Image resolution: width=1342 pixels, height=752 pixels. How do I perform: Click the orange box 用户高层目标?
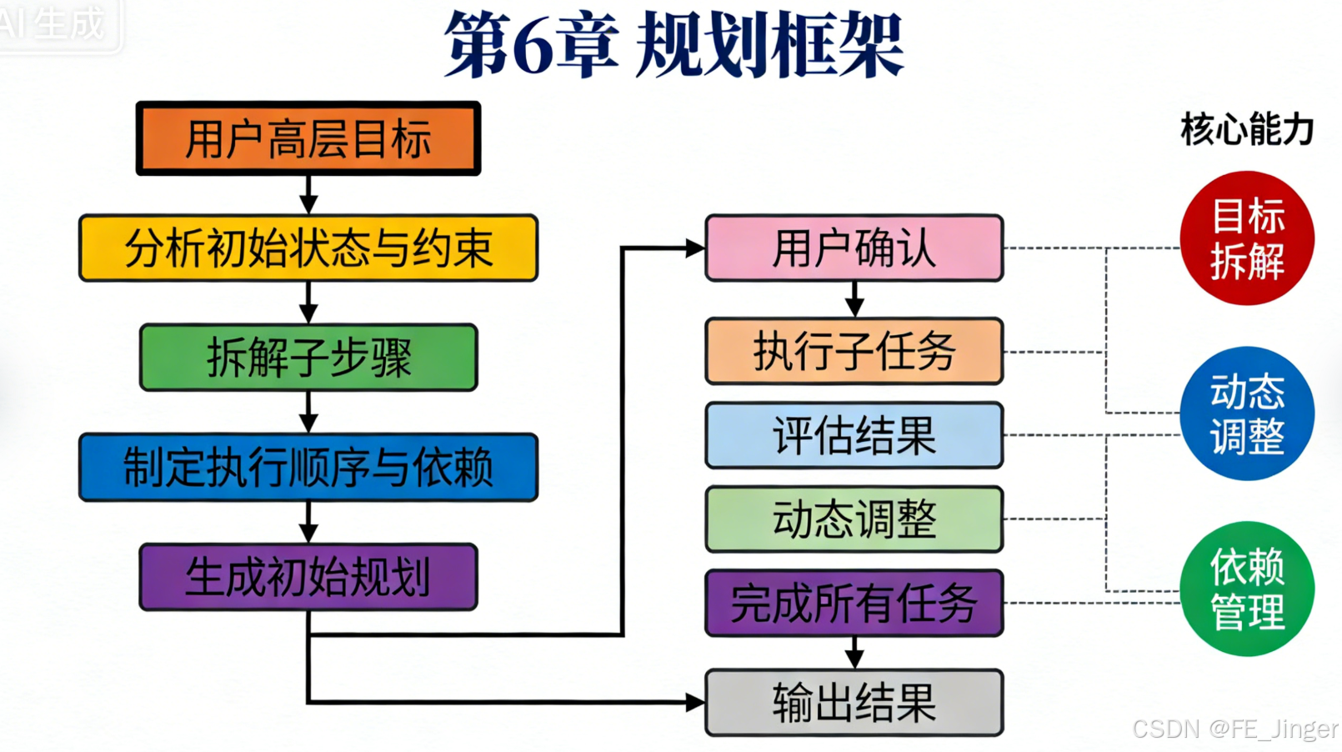[x=308, y=138]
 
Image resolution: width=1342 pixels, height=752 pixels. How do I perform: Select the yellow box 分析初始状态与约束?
[x=308, y=248]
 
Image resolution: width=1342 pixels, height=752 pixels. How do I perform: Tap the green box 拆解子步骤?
[x=308, y=357]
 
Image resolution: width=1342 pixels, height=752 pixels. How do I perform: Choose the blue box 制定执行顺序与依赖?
[x=308, y=467]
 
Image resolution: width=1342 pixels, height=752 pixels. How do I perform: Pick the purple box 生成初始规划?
[x=308, y=577]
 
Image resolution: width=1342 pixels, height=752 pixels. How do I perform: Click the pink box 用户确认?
[x=854, y=248]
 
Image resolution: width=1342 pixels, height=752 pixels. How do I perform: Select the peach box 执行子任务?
[x=854, y=351]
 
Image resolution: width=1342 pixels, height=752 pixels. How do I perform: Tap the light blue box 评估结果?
[x=854, y=435]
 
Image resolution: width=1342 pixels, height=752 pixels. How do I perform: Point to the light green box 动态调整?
[x=854, y=519]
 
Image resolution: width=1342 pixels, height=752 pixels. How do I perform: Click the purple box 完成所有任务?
[x=854, y=603]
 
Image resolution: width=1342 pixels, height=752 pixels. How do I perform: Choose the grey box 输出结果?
[x=854, y=703]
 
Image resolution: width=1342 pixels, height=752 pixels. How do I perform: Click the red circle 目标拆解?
[x=1247, y=238]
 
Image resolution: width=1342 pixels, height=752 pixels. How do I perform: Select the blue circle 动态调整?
[x=1247, y=414]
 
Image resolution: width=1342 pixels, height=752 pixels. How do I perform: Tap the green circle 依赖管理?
[x=1247, y=589]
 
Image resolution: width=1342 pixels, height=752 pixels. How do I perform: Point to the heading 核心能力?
[x=1247, y=130]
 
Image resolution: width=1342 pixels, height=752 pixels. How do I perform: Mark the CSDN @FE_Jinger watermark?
[x=1234, y=729]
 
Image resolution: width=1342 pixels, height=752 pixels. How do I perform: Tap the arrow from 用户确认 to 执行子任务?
[x=854, y=299]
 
